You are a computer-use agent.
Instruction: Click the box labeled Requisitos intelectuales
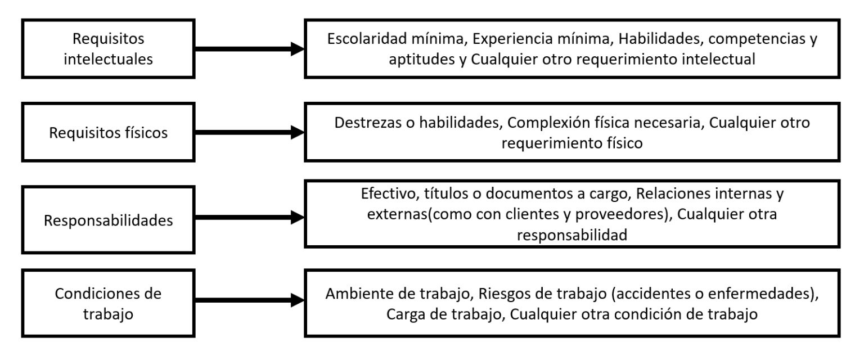(x=108, y=48)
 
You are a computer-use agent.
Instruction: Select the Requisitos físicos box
(x=108, y=132)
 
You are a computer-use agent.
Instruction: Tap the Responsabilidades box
(x=108, y=220)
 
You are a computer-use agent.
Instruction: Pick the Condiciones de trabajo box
(x=108, y=303)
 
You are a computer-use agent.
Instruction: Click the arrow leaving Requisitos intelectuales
(x=250, y=49)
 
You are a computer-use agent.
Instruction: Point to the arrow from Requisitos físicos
(x=250, y=132)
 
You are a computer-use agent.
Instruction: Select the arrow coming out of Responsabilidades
(x=250, y=217)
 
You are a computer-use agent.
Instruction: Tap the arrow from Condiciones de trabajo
(x=250, y=300)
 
